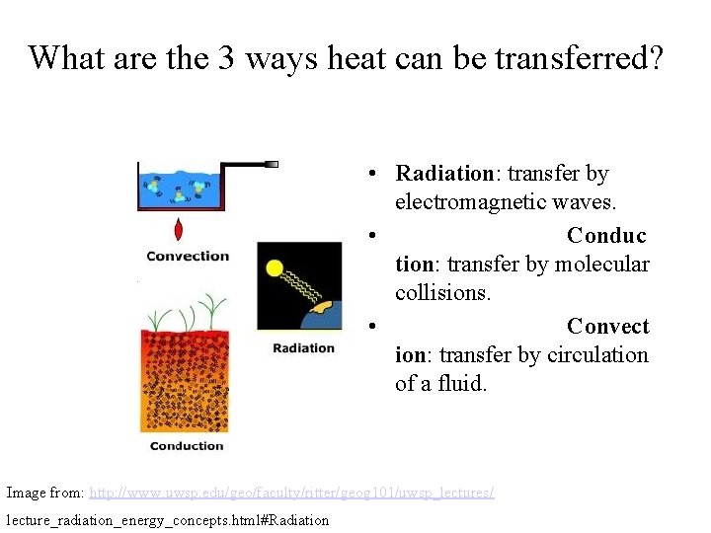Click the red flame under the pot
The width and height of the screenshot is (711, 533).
pyautogui.click(x=179, y=228)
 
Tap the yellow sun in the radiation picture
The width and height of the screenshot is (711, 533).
pyautogui.click(x=275, y=266)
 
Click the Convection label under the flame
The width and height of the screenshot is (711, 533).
pyautogui.click(x=188, y=256)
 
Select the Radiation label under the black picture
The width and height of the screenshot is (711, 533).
pyautogui.click(x=303, y=347)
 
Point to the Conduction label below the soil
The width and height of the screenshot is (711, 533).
pyautogui.click(x=187, y=446)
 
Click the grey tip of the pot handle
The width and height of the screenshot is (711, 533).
pyautogui.click(x=272, y=164)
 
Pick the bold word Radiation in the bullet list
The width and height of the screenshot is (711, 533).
pyautogui.click(x=443, y=174)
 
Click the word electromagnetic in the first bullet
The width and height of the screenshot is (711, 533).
pyautogui.click(x=477, y=202)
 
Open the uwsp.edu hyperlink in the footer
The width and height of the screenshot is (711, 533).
pyautogui.click(x=291, y=492)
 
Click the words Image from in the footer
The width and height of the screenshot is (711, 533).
pyautogui.click(x=44, y=492)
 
